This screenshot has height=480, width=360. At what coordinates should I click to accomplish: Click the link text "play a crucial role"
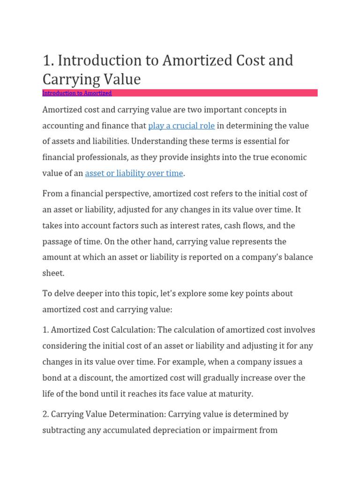181,126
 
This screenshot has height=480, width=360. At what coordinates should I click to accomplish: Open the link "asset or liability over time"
134,173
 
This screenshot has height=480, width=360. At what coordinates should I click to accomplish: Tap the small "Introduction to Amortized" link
77,93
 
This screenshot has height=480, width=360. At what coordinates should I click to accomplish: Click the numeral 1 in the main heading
46,60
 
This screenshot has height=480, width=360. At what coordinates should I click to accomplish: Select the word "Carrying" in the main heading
72,79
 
